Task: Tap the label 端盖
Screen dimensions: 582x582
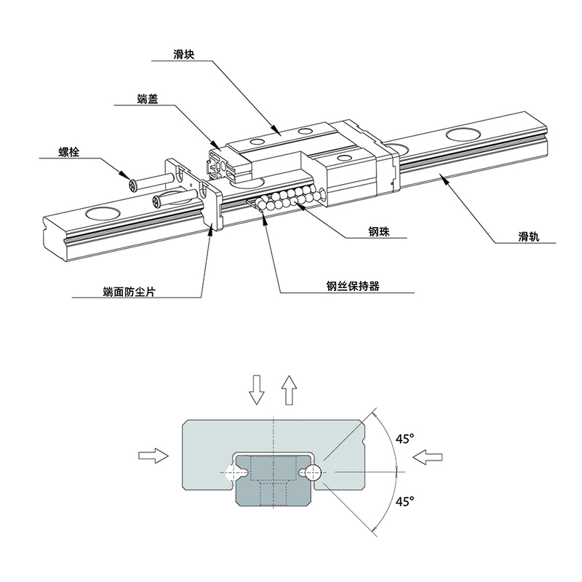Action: coord(148,99)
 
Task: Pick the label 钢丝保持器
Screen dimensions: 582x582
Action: coord(354,287)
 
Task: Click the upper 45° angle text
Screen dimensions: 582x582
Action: coord(404,439)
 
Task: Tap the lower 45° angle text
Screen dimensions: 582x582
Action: coord(404,501)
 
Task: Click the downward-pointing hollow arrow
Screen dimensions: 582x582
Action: coord(256,390)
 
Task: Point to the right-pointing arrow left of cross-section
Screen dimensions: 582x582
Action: coord(152,455)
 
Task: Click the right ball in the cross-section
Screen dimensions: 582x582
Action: coord(314,473)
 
